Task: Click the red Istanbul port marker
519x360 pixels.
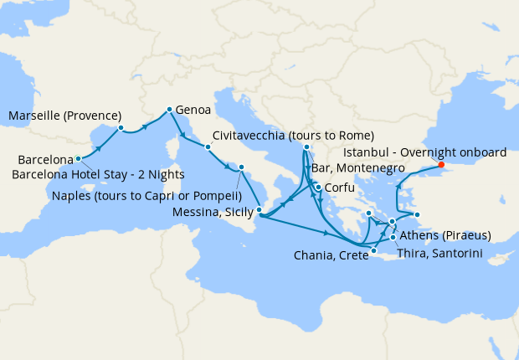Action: coord(441,165)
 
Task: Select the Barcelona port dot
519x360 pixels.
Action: coord(78,157)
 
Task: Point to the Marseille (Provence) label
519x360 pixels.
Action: coord(65,116)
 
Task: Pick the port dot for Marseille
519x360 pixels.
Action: coord(121,128)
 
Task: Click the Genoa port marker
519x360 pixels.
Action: coord(169,109)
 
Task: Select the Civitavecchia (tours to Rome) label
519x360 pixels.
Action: coord(293,136)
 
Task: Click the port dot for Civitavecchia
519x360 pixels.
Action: coord(208,148)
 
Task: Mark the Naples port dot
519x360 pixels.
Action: coord(241,167)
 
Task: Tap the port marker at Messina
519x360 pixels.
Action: coord(259,211)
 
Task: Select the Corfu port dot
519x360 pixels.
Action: coord(317,187)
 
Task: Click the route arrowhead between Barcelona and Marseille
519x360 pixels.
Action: coord(100,146)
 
